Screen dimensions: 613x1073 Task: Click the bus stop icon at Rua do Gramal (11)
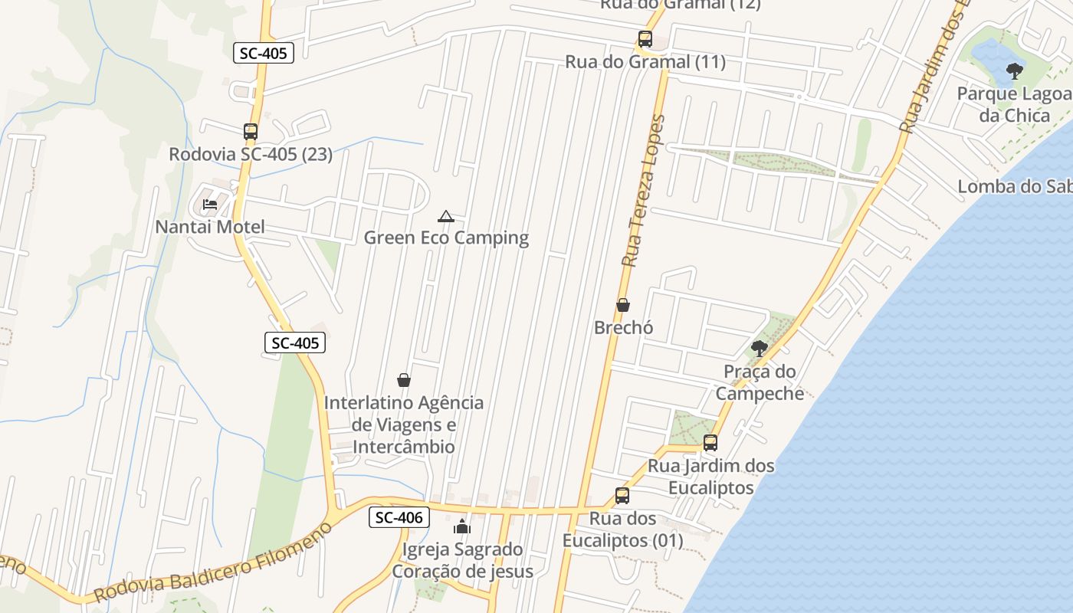tap(645, 39)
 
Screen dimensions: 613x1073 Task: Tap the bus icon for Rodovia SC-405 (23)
tap(251, 132)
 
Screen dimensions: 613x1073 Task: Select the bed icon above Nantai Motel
tap(210, 205)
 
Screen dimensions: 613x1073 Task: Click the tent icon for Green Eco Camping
tap(446, 216)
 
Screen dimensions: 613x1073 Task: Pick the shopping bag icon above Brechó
tap(623, 305)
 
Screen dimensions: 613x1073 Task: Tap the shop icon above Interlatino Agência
tap(404, 380)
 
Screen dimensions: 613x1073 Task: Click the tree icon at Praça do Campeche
tap(760, 349)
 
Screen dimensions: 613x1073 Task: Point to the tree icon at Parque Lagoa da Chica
tap(1015, 72)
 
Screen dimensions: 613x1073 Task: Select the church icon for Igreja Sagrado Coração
tap(462, 526)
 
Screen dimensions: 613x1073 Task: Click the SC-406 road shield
tap(400, 517)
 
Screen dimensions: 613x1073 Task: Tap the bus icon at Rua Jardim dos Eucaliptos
tap(710, 443)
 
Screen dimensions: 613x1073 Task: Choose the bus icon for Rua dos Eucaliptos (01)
tap(622, 496)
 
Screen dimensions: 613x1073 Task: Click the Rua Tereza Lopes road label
tap(643, 192)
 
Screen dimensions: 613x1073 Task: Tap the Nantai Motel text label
tap(210, 227)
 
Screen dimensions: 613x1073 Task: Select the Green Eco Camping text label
tap(446, 238)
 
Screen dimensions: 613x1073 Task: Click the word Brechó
tap(624, 327)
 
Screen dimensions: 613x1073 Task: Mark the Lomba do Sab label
tap(1014, 186)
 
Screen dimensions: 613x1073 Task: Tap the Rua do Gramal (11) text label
tap(645, 62)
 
